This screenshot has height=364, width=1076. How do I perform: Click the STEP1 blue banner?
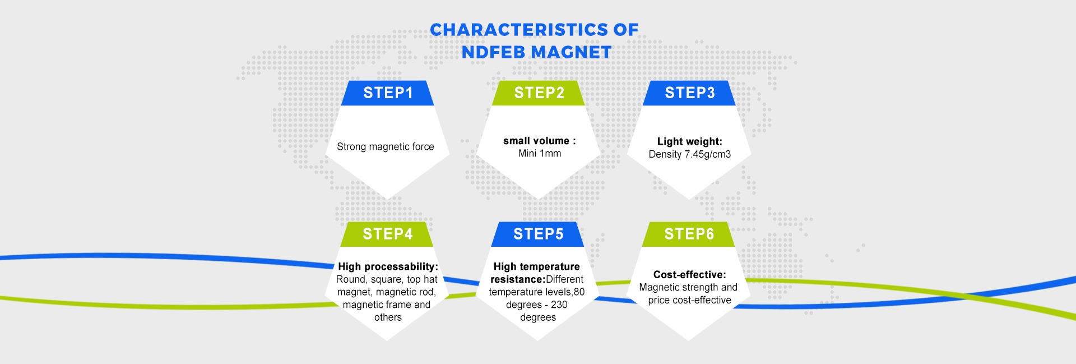[388, 93]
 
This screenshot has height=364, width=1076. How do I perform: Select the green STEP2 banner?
[539, 93]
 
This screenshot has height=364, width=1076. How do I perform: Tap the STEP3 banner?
[689, 93]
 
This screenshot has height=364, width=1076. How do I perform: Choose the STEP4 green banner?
[387, 234]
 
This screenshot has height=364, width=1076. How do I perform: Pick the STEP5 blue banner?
[538, 234]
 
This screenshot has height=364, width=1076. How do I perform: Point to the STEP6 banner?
[689, 234]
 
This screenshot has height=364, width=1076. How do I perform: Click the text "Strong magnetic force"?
[386, 147]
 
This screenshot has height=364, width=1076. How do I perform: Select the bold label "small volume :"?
[539, 141]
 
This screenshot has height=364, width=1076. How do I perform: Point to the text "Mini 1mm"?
[539, 154]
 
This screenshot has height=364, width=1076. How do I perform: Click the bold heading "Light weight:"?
[689, 141]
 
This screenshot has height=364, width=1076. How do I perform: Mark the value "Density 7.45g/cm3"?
[689, 154]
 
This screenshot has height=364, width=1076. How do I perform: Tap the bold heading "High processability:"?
[388, 266]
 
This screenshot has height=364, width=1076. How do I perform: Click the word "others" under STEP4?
[388, 317]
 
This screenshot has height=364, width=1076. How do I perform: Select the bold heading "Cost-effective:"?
[689, 274]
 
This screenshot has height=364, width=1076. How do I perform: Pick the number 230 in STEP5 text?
[559, 305]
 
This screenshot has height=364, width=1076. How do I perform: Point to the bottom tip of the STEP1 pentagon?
[387, 197]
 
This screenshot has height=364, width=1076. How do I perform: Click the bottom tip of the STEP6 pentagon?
[689, 339]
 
